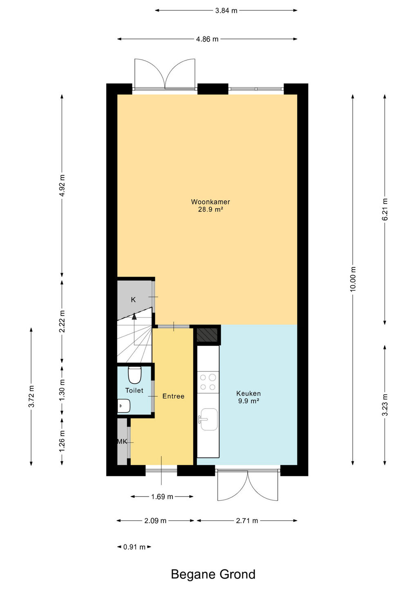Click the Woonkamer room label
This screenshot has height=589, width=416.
click(x=210, y=202)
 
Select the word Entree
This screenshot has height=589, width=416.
click(x=173, y=396)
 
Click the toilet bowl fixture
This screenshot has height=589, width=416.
click(x=135, y=375)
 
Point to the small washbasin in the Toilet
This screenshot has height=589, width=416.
click(x=124, y=406)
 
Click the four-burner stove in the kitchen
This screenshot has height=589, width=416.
click(x=208, y=382)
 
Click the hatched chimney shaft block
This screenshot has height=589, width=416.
click(x=207, y=335)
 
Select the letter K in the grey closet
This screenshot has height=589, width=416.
click(x=133, y=299)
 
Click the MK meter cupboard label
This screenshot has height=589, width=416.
click(x=122, y=441)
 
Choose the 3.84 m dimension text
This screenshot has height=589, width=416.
click(x=226, y=11)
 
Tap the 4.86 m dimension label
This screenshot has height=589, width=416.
click(x=207, y=39)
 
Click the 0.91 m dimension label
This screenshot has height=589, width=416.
click(x=134, y=547)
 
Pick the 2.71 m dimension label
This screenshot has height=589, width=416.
click(x=247, y=521)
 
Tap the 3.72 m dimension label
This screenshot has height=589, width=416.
click(x=31, y=396)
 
